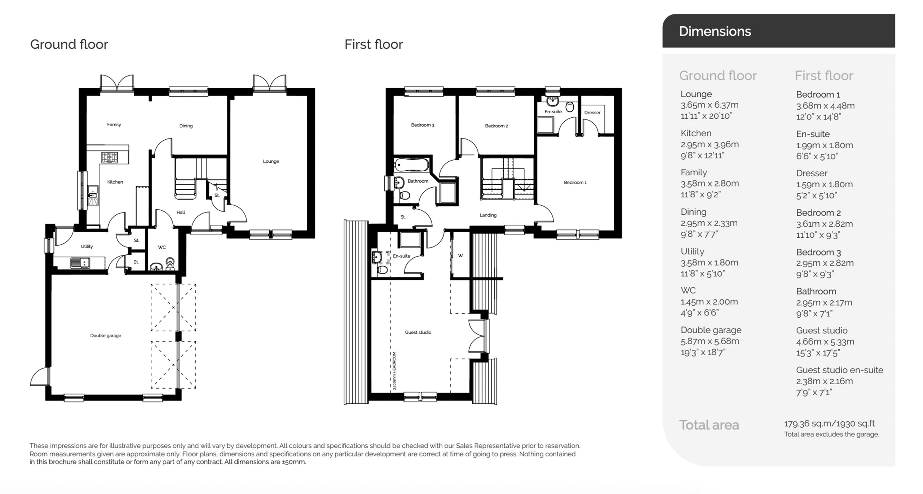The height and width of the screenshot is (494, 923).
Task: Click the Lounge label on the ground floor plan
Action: click(271, 161)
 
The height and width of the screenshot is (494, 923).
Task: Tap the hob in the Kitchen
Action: click(109, 157)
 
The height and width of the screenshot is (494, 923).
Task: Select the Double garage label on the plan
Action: click(106, 336)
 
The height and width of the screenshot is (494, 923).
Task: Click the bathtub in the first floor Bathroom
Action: click(411, 165)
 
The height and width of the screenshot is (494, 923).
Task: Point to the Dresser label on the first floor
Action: click(592, 113)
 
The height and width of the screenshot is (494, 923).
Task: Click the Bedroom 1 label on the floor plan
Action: click(575, 183)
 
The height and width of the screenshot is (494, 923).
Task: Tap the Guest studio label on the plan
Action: click(418, 332)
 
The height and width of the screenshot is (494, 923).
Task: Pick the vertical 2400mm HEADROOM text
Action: click(394, 371)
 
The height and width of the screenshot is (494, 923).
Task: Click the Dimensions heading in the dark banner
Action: click(715, 31)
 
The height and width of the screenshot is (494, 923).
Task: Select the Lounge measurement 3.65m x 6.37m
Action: click(709, 105)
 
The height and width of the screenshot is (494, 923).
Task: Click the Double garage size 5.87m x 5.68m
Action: click(710, 341)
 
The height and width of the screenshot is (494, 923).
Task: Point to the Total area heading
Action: click(709, 425)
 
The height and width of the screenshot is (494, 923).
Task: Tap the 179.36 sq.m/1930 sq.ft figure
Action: click(829, 424)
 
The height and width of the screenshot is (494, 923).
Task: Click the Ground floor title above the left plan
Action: click(69, 44)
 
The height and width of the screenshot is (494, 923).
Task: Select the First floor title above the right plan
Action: click(374, 44)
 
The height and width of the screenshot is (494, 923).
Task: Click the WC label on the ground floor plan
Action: click(162, 247)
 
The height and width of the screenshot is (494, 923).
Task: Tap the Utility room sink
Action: click(80, 263)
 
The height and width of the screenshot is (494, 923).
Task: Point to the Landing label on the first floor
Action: click(488, 215)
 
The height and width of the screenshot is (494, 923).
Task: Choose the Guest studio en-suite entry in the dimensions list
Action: click(839, 370)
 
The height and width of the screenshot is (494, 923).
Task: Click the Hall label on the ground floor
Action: click(181, 212)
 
